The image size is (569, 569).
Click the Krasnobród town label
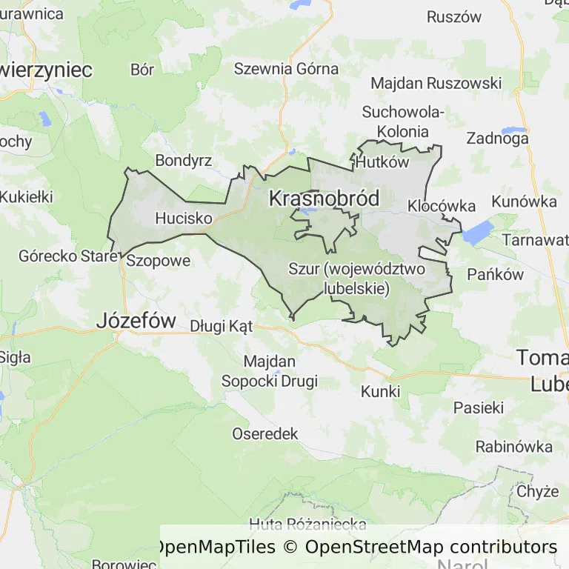[324, 199]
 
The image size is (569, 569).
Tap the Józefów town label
[136, 321]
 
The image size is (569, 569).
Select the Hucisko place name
[184, 219]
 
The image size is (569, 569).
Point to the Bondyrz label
[184, 161]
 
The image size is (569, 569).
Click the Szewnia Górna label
[286, 69]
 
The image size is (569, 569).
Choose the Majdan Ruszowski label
[436, 83]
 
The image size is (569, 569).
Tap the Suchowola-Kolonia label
[403, 122]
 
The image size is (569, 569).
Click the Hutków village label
[382, 162]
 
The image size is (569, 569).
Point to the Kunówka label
[524, 202]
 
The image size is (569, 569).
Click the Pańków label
[496, 274]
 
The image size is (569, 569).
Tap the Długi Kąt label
[222, 326]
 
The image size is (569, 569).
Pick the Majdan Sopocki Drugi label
[270, 371]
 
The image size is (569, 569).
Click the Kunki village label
[380, 391]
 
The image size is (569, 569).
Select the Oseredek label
[264, 433]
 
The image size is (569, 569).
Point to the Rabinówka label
[513, 447]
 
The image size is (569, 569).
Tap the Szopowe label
[159, 261]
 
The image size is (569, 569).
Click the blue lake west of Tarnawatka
[476, 233]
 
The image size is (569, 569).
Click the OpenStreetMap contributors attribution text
[431, 548]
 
